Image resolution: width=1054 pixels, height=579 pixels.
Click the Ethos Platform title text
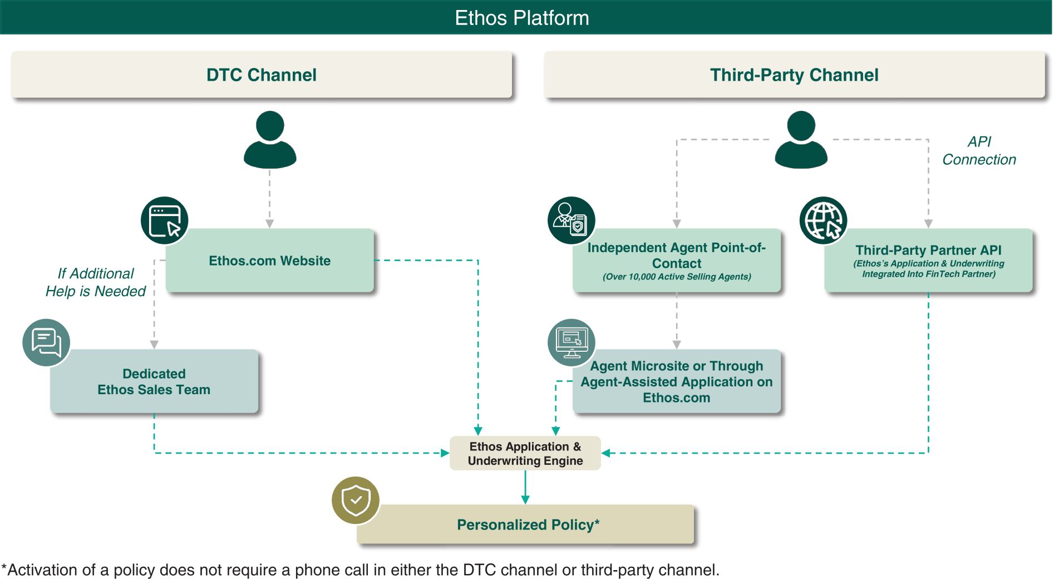(521, 18)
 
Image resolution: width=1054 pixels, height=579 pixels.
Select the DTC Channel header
(262, 75)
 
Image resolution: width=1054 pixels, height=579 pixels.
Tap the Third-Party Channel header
(794, 75)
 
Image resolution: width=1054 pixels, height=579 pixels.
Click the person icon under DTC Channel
(270, 140)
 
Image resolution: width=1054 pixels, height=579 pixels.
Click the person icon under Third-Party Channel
(801, 140)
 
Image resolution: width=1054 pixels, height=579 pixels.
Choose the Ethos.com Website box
(270, 261)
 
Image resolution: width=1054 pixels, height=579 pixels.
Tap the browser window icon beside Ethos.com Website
(165, 220)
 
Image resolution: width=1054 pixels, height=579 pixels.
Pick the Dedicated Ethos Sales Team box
(154, 382)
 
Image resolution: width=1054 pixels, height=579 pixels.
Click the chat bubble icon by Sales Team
(46, 342)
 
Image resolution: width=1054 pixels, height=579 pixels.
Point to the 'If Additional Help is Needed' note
(96, 282)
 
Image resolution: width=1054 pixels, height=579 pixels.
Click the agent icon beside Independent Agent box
(572, 220)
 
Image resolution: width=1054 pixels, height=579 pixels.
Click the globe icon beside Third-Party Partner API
(823, 220)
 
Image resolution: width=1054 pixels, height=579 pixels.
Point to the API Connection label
(979, 151)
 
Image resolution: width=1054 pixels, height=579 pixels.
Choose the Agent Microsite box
(677, 382)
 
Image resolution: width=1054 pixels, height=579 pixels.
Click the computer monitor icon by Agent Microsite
(572, 342)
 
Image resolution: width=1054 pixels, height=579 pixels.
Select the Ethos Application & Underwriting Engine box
(525, 453)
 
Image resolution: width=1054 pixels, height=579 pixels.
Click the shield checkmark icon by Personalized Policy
(356, 501)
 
